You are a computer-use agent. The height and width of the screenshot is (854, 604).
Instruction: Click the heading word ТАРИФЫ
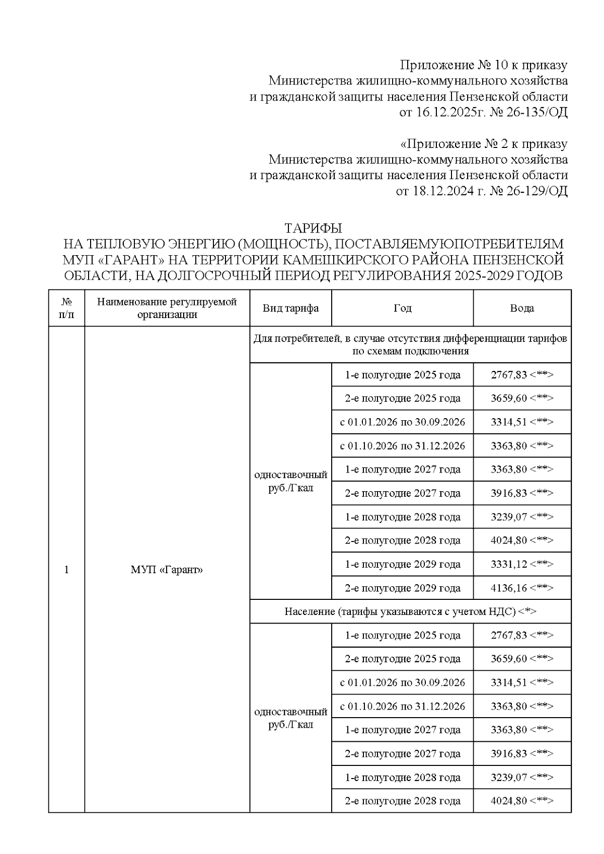tap(313, 228)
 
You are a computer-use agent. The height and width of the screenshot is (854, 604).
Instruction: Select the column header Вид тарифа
tap(290, 308)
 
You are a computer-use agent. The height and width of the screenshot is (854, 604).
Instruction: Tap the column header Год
tap(402, 308)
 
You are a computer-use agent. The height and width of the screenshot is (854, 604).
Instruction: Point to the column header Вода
tap(521, 308)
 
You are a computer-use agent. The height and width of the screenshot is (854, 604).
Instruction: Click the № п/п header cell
tap(66, 308)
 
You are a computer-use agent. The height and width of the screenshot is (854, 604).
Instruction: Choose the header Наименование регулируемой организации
tap(167, 308)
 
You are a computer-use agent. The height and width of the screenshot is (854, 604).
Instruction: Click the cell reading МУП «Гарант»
tap(167, 570)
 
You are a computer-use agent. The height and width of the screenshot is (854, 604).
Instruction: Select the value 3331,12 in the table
tap(509, 564)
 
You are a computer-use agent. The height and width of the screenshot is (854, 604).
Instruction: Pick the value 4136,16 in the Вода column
tap(509, 588)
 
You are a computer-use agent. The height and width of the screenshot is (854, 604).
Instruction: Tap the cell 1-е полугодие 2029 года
tap(402, 564)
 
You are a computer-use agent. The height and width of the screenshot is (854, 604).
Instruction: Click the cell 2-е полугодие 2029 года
tap(402, 588)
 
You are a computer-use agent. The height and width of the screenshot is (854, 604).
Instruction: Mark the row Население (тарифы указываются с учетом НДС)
tap(410, 611)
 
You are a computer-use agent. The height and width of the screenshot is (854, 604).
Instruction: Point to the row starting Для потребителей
tap(410, 345)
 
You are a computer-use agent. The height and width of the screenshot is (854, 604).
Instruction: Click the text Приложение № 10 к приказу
tap(483, 65)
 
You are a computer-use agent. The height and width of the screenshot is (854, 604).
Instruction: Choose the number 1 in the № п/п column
tap(66, 570)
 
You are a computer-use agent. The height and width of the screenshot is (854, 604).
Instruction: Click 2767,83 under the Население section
tap(509, 635)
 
